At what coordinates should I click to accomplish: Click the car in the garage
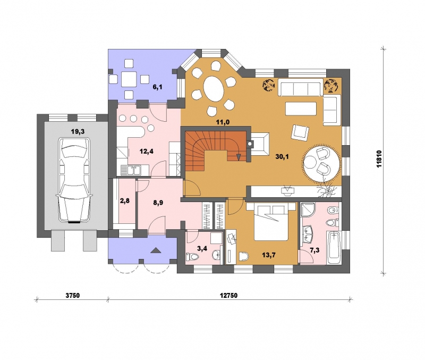pos(74,180)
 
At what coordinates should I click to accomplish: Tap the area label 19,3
pos(78,131)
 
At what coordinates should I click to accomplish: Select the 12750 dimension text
pos(228,296)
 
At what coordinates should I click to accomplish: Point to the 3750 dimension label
pos(73,296)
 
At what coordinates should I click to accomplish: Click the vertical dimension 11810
pos(379,158)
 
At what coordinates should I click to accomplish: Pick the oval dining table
pos(214,88)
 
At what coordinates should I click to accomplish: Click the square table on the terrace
pos(129,79)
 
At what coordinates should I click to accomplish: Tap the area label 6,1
pos(157,87)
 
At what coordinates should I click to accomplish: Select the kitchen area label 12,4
pos(147,152)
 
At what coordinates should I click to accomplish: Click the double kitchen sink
pos(131,170)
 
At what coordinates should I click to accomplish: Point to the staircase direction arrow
pos(239,157)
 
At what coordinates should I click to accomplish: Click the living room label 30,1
pos(282,156)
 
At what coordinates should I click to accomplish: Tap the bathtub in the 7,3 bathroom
pos(333,247)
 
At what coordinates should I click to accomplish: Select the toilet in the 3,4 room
pos(190,257)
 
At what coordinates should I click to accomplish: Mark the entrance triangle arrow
pos(156,250)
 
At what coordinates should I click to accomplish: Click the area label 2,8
pos(125,201)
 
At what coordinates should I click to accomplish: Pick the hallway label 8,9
pos(158,203)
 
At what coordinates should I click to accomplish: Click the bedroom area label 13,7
pos(269,255)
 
